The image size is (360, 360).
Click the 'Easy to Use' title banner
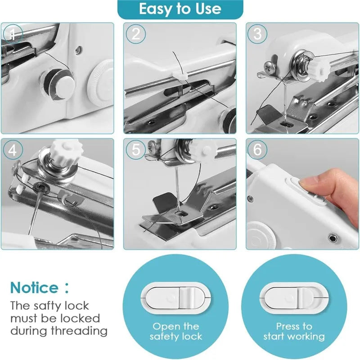(180, 9)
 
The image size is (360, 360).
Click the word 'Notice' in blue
(34, 288)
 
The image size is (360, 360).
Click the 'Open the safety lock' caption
(176, 331)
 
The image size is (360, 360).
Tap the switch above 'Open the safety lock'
(176, 298)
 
